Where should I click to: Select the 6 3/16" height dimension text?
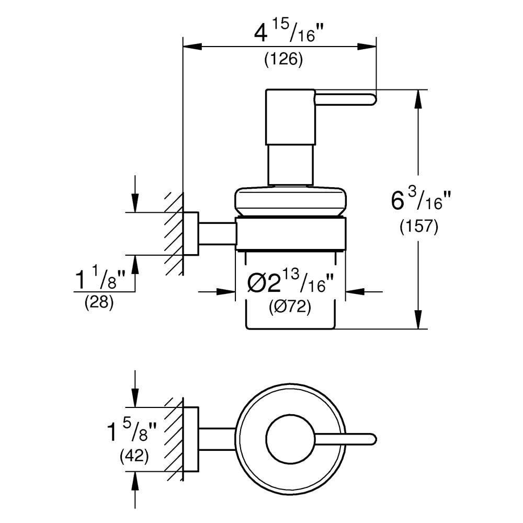click(x=421, y=201)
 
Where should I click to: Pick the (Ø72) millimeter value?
click(x=290, y=308)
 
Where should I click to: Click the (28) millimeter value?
click(x=99, y=303)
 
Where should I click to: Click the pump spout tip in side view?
click(x=371, y=99)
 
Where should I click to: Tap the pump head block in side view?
click(x=290, y=117)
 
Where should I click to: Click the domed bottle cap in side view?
click(x=290, y=201)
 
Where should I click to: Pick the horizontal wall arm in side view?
click(x=217, y=233)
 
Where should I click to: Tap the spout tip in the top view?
click(x=371, y=439)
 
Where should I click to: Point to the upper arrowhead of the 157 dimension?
click(x=418, y=99)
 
